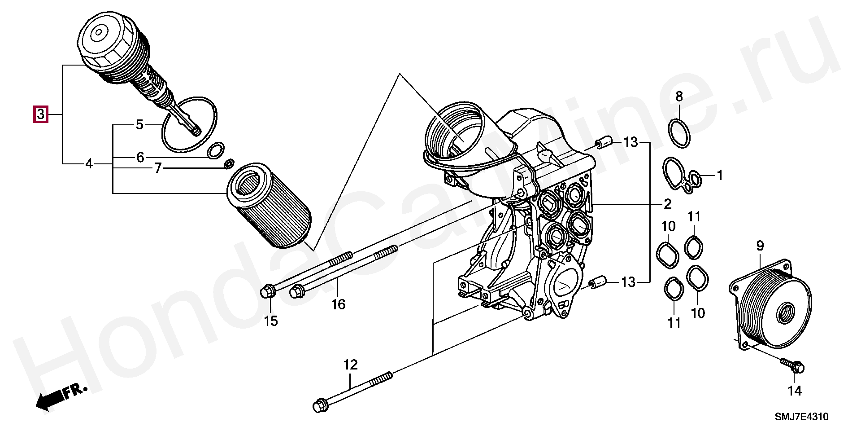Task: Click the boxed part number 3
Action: pos(40,114)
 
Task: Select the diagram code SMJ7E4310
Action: pos(801,417)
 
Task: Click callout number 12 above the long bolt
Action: pos(351,365)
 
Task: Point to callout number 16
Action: pos(339,305)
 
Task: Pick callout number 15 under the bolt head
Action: pos(270,321)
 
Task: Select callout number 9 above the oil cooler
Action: pos(760,246)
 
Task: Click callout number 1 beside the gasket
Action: pos(719,176)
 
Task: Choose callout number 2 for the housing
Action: pos(667,204)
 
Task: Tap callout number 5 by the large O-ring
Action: pos(139,124)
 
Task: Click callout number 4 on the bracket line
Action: pos(89,164)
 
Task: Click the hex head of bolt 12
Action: pos(319,405)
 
